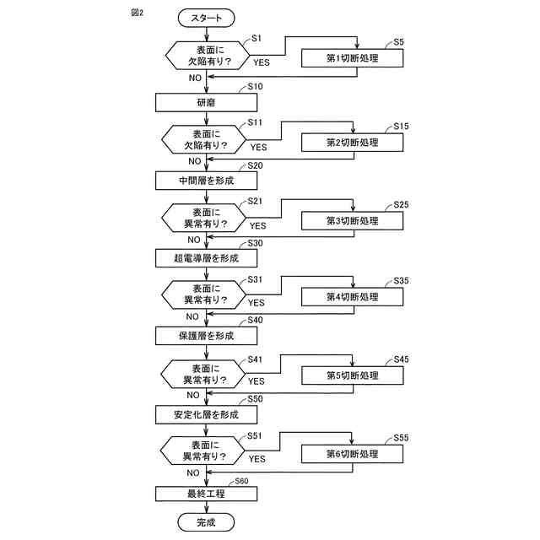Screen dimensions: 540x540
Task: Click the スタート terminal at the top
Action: pyautogui.click(x=206, y=17)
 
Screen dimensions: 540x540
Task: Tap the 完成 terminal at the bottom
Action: pyautogui.click(x=206, y=523)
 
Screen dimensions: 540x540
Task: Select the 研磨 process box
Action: pyautogui.click(x=206, y=102)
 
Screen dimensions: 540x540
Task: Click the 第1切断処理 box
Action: pyautogui.click(x=353, y=58)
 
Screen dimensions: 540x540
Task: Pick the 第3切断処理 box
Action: pyautogui.click(x=353, y=221)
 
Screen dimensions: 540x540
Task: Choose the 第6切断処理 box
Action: pyautogui.click(x=353, y=454)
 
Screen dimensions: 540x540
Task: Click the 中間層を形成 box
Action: pyautogui.click(x=206, y=181)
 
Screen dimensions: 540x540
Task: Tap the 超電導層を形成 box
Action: pyautogui.click(x=206, y=257)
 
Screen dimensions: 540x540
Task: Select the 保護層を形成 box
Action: pyautogui.click(x=206, y=336)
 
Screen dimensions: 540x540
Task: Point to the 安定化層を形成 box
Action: pyautogui.click(x=206, y=414)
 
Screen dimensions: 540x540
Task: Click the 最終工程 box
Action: pyautogui.click(x=206, y=493)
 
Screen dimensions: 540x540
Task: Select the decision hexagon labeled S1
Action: pyautogui.click(x=206, y=55)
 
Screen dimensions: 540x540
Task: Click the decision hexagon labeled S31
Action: pyautogui.click(x=206, y=294)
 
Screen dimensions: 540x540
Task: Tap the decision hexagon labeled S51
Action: pyautogui.click(x=206, y=451)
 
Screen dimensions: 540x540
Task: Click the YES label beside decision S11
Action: pyautogui.click(x=257, y=147)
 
